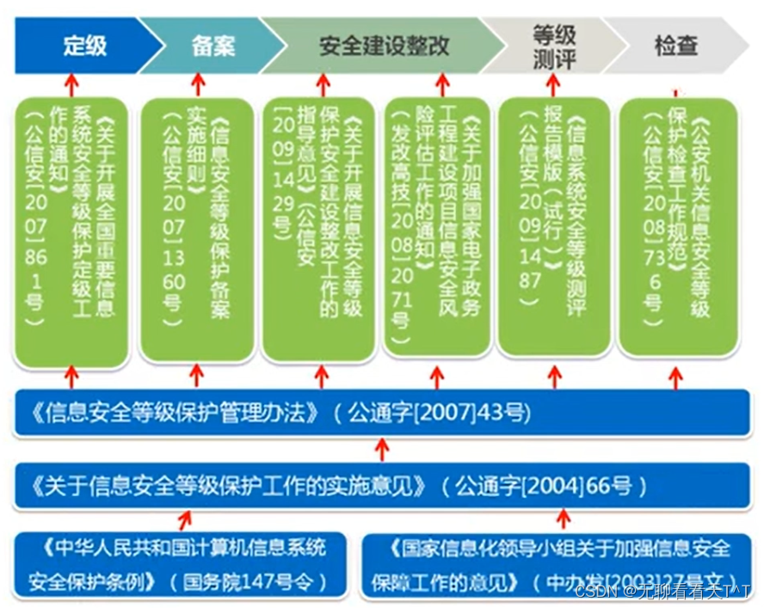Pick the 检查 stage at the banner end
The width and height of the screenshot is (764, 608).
pos(676,46)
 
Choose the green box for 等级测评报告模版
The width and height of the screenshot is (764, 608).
pos(553,228)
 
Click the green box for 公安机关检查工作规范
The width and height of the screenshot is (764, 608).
pos(678,228)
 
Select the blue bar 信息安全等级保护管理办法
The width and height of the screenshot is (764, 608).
pos(383,414)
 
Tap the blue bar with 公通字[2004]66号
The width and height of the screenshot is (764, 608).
pos(383,487)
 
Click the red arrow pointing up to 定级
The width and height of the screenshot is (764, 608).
pos(71,84)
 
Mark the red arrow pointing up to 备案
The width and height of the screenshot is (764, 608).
pos(198,84)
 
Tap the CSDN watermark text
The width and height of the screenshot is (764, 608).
pos(662,592)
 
